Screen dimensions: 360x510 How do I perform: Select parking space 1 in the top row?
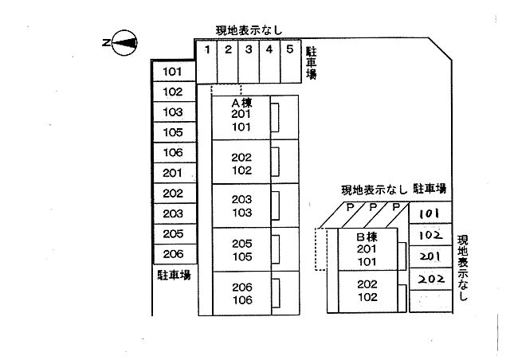(x=206, y=61)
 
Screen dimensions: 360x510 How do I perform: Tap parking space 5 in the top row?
(x=289, y=61)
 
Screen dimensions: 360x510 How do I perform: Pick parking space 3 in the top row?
(x=248, y=61)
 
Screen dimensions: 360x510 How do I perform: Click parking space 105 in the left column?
(x=173, y=132)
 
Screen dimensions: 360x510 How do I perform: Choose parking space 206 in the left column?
(x=173, y=254)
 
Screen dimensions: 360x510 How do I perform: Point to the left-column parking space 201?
(x=173, y=173)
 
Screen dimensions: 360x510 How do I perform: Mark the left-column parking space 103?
(x=173, y=112)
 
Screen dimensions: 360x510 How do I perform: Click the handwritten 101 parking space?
(x=430, y=213)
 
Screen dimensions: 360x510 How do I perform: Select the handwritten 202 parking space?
(x=430, y=279)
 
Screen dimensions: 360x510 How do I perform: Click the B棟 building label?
(x=367, y=237)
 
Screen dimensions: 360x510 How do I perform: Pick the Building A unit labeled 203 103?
(x=241, y=205)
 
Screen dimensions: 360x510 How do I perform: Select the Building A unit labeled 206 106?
(x=241, y=294)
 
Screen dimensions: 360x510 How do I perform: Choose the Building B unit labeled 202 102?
(x=367, y=291)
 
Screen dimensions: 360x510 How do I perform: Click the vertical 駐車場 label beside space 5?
(x=312, y=63)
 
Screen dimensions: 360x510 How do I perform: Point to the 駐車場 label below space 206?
(x=173, y=275)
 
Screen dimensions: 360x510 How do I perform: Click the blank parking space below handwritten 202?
(x=430, y=300)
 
